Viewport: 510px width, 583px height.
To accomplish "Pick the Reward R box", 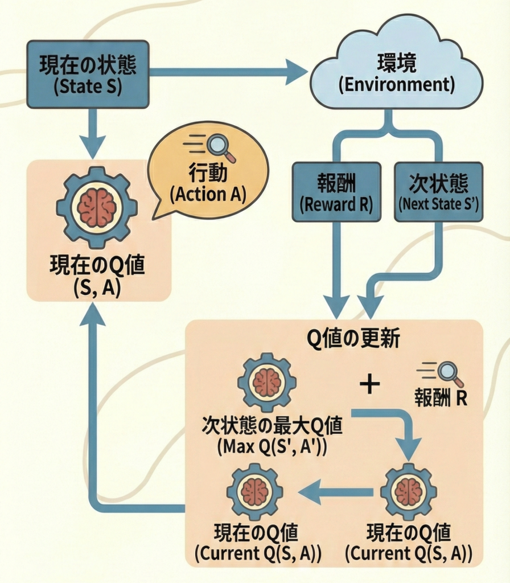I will pos(336,192).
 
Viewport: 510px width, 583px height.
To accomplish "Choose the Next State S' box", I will pos(438,192).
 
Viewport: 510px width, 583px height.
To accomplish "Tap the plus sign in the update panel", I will pos(370,385).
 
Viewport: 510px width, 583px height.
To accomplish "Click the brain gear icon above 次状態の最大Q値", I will pos(266,382).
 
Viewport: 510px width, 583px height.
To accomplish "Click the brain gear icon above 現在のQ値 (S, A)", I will pos(97,206).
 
